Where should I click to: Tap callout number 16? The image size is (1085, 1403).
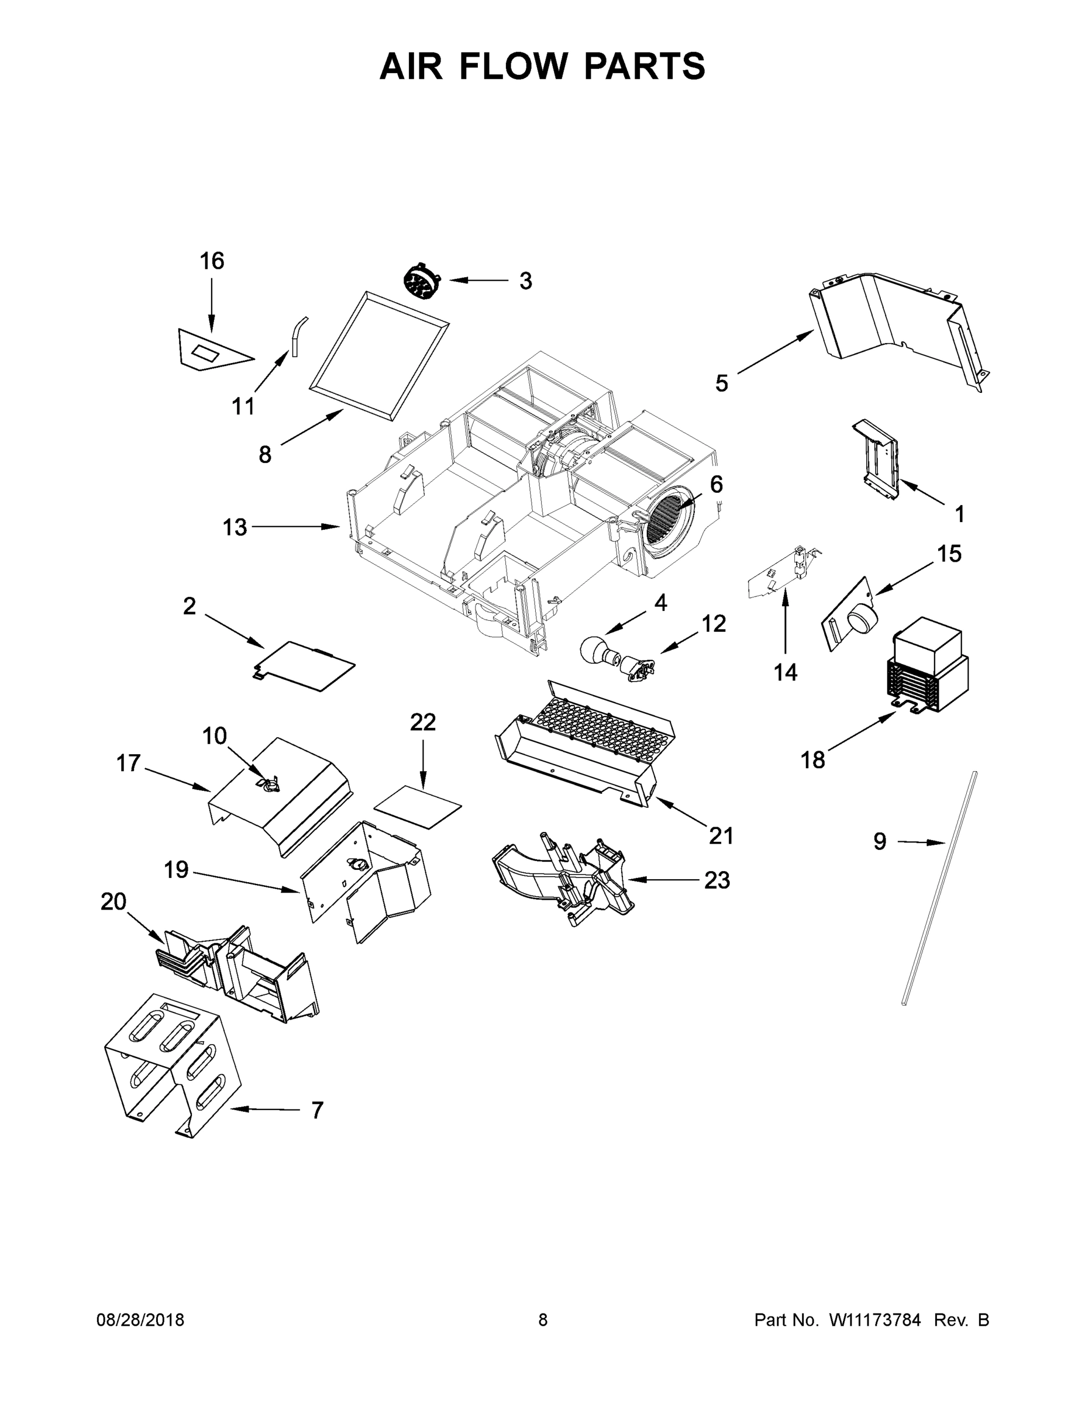tap(212, 261)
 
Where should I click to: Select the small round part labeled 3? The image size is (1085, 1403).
tap(422, 281)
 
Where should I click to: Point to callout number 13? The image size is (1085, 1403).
tap(234, 527)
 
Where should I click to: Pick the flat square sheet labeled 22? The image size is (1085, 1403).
tap(417, 806)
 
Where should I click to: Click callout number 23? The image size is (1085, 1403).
tap(717, 880)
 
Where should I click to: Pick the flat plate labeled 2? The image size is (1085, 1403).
tap(305, 665)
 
